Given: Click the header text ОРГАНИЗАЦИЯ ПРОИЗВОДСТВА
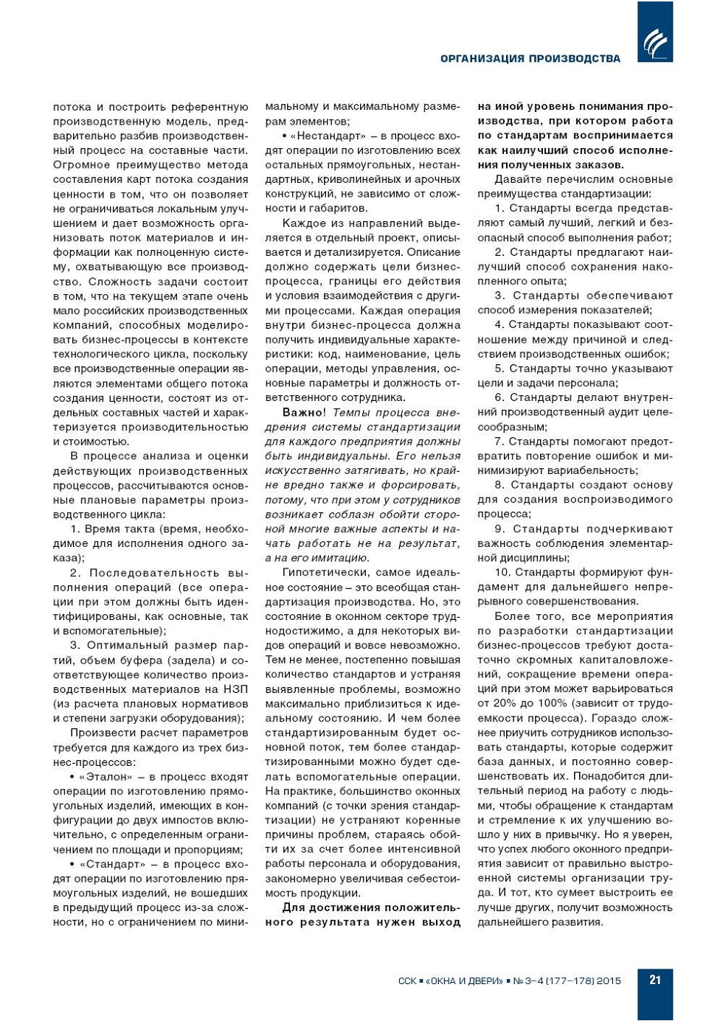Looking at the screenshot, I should coord(530,59).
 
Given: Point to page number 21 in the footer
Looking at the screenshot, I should coord(655,980).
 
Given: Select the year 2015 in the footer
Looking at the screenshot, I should coord(609,981).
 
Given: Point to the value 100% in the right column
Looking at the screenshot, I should coord(548,703).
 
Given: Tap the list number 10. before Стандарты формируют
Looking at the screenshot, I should coord(502,573).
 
